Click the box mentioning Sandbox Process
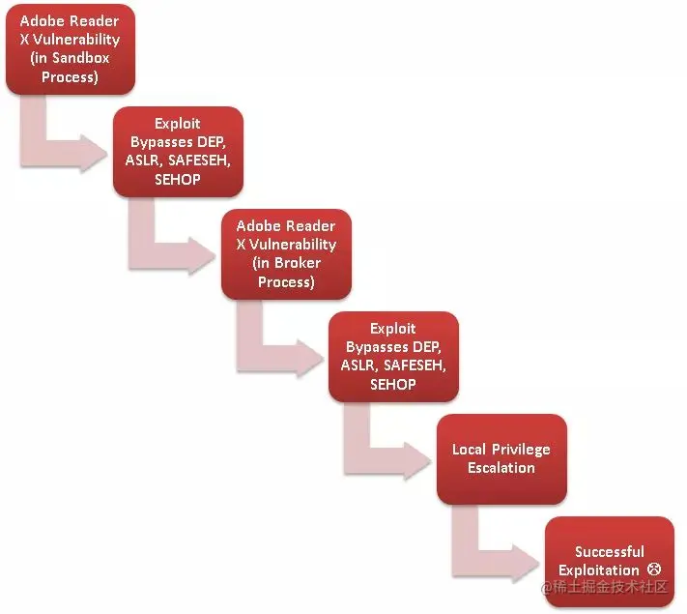point(71,48)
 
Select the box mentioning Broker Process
point(286,253)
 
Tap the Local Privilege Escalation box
point(501,459)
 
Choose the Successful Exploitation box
point(609,562)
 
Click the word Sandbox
point(81,58)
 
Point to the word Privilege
point(521,450)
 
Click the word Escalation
point(501,468)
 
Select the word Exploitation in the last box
point(599,570)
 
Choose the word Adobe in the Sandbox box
point(45,21)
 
